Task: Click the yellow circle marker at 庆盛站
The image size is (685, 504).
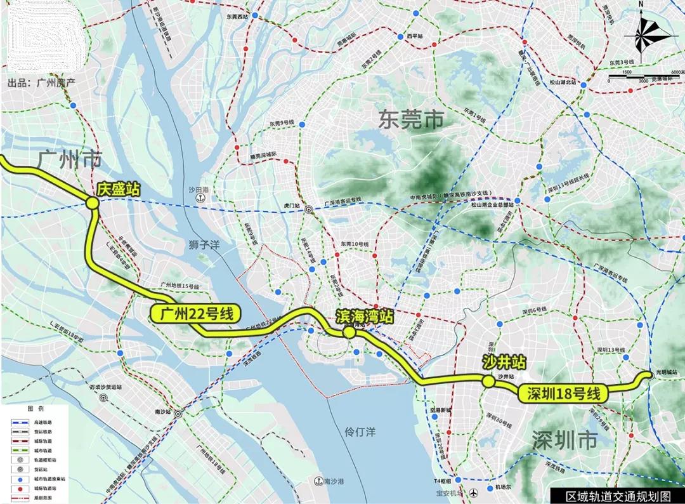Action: click(x=92, y=203)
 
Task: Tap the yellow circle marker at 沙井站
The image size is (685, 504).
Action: click(x=488, y=381)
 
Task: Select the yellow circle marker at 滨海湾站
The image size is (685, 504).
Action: click(x=348, y=333)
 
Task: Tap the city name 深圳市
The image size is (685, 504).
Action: click(x=564, y=440)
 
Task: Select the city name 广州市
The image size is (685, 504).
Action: click(x=70, y=159)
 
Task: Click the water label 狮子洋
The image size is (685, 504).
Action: click(x=203, y=244)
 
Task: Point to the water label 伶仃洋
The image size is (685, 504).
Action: click(x=360, y=432)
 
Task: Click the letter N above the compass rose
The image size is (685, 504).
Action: click(x=641, y=5)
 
